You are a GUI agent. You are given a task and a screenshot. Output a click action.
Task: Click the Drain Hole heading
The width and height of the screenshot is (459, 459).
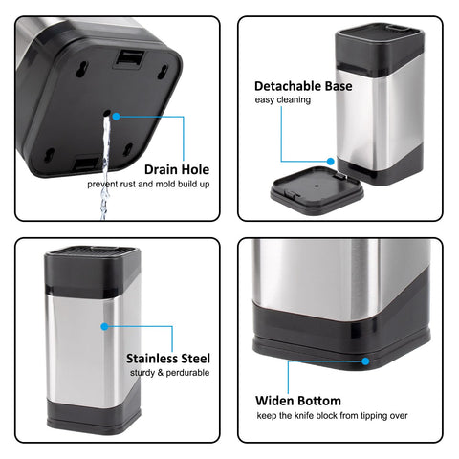[177, 168]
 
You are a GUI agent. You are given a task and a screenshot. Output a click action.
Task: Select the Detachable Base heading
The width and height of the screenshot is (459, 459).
[303, 86]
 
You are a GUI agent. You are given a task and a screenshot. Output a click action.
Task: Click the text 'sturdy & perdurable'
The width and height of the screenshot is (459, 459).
[167, 373]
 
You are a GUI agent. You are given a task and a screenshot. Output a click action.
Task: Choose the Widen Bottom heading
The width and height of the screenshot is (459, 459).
[297, 401]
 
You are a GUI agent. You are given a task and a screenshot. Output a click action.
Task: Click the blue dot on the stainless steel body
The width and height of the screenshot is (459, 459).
[104, 326]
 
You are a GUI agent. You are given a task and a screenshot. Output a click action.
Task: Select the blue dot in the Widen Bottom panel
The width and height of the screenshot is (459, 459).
[364, 360]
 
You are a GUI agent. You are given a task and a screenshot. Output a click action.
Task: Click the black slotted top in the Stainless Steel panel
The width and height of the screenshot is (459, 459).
[93, 259]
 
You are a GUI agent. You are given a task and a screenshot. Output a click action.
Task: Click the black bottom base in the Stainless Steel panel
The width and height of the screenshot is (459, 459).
[93, 417]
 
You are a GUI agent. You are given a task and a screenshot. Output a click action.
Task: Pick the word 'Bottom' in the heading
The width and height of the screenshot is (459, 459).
[319, 401]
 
